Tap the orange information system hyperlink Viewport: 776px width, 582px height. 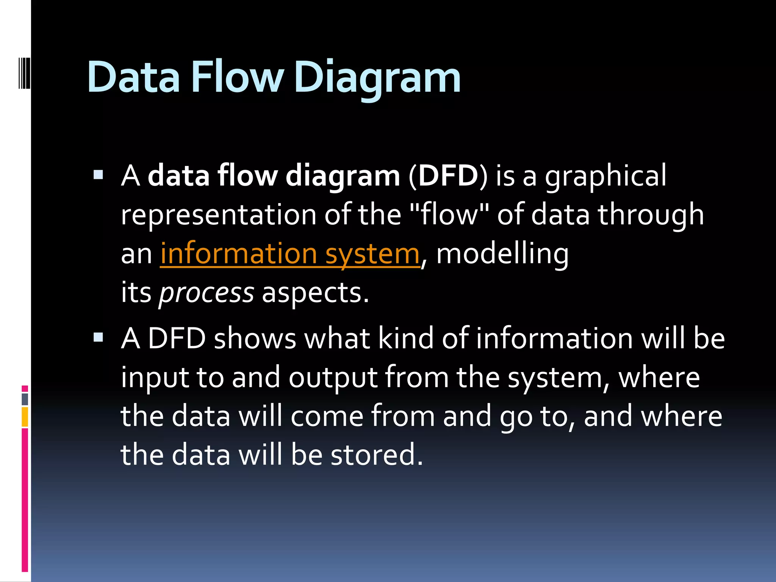click(290, 254)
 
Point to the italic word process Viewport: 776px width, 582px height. click(207, 293)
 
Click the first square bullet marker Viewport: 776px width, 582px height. click(98, 175)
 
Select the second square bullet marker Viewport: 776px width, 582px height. click(98, 337)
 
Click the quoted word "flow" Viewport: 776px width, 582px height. click(449, 215)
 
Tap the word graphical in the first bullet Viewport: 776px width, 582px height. click(605, 176)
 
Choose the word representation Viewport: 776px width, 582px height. click(219, 215)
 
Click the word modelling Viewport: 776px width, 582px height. click(502, 254)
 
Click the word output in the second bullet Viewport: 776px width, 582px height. click(333, 378)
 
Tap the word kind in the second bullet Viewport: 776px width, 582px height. click(406, 338)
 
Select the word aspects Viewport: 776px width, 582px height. click(315, 293)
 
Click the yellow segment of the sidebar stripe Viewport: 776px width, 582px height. click(25, 417)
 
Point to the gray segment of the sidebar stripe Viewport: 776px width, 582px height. click(25, 399)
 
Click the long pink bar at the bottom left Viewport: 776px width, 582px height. click(25, 500)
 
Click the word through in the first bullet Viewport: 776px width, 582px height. click(651, 215)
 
